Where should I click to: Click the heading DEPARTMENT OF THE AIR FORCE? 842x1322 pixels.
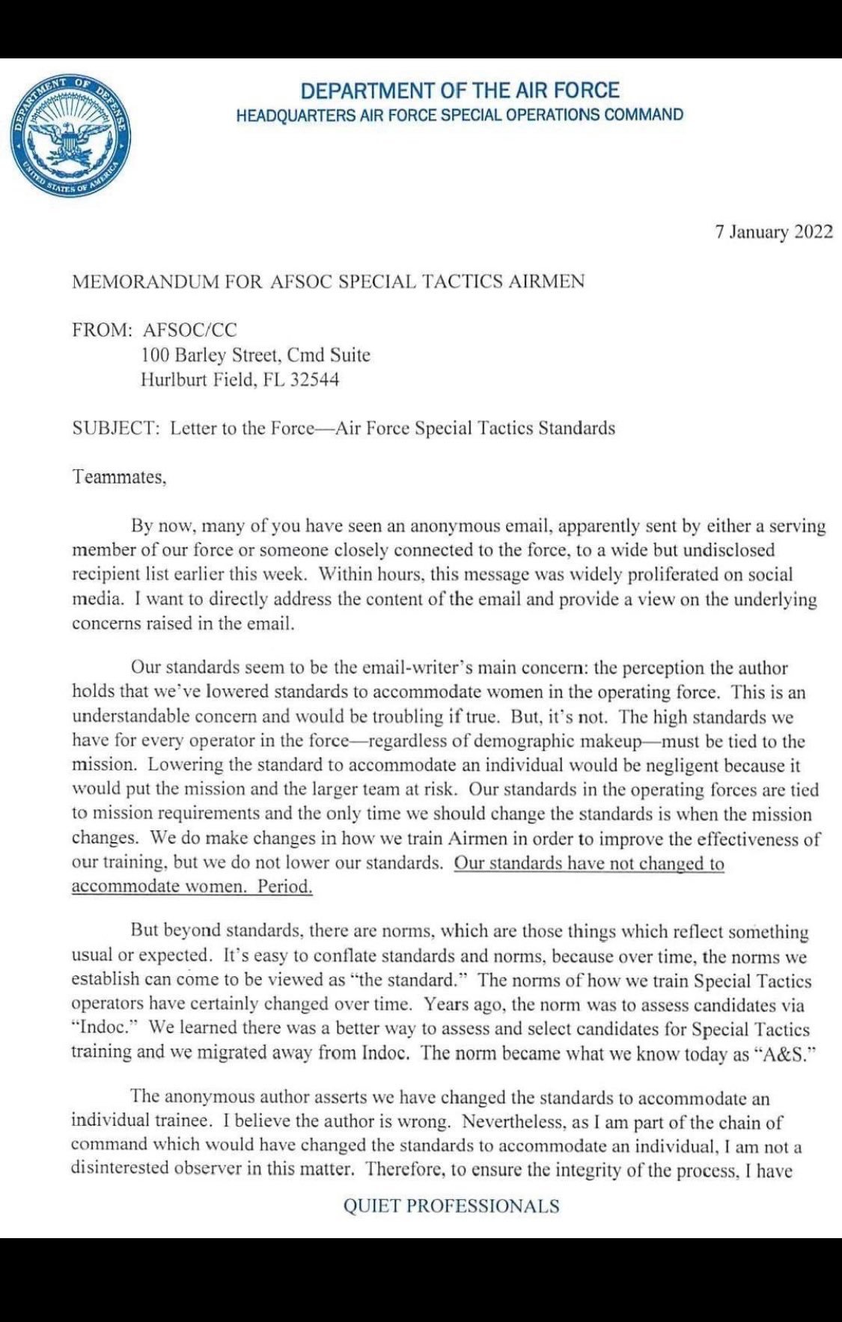coord(460,91)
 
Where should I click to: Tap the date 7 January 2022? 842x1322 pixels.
coord(774,232)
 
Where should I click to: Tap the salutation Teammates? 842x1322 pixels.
coord(118,478)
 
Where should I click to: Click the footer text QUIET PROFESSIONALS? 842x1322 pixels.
coord(451,1205)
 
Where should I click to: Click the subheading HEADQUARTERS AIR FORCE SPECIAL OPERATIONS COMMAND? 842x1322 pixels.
coord(460,115)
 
